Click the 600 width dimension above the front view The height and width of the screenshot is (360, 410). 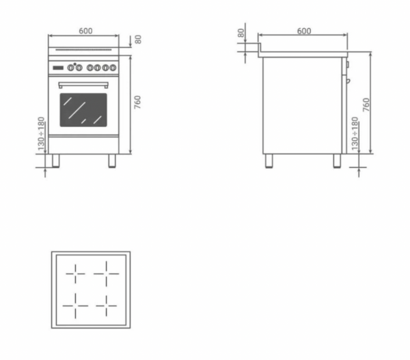(x=85, y=31)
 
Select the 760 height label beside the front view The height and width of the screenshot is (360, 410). (x=137, y=102)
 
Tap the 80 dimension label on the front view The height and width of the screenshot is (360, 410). (x=138, y=40)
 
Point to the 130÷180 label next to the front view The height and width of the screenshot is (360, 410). (x=41, y=134)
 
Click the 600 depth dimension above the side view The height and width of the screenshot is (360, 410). (x=304, y=31)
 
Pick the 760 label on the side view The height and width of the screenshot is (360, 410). (x=366, y=105)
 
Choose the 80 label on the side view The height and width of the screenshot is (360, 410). (x=241, y=33)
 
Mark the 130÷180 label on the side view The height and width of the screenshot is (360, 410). (x=355, y=134)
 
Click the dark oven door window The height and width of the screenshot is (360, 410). (x=83, y=110)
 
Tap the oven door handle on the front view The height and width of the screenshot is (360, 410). (x=83, y=85)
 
